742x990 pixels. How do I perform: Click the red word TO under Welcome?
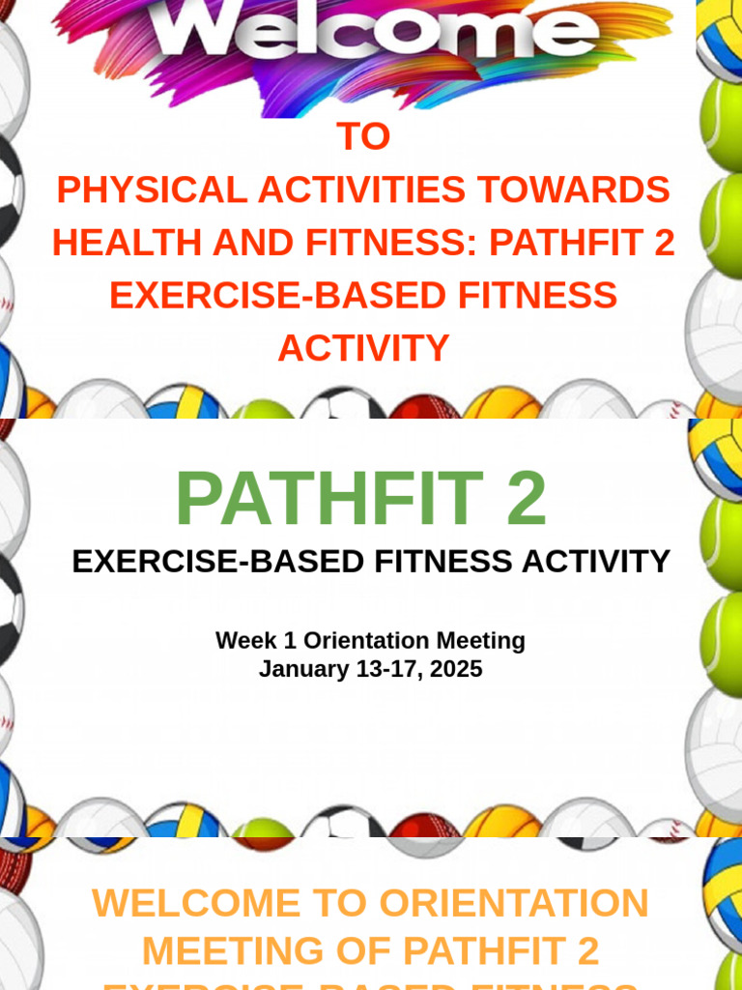click(x=363, y=137)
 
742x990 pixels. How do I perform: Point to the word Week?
click(x=243, y=640)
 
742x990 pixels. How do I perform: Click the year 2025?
click(x=458, y=669)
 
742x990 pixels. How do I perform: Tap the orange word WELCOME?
click(x=195, y=903)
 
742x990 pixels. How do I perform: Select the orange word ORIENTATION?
click(x=513, y=903)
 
